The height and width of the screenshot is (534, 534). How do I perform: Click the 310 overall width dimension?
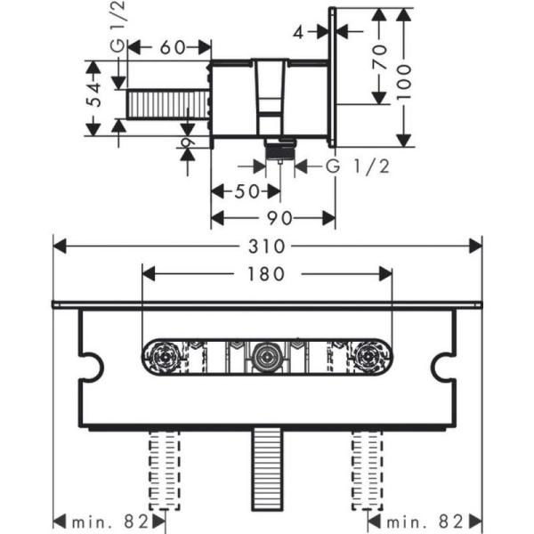click(x=268, y=245)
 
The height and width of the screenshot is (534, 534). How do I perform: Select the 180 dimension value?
click(x=267, y=274)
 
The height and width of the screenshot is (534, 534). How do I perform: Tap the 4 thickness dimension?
click(x=299, y=32)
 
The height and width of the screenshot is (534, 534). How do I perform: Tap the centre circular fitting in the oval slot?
click(x=265, y=360)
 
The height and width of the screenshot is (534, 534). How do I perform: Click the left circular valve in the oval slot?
click(x=164, y=360)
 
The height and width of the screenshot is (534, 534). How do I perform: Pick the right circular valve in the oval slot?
click(x=367, y=360)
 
